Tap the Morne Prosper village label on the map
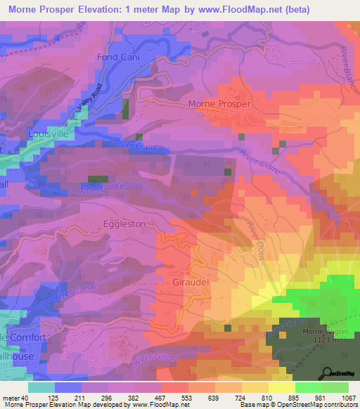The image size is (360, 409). (220, 104)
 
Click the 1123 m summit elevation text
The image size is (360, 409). (324, 340)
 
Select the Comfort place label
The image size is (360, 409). (27, 337)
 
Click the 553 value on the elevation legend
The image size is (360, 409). (187, 398)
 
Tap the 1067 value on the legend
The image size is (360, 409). (347, 398)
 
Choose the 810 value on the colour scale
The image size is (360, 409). (267, 398)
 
